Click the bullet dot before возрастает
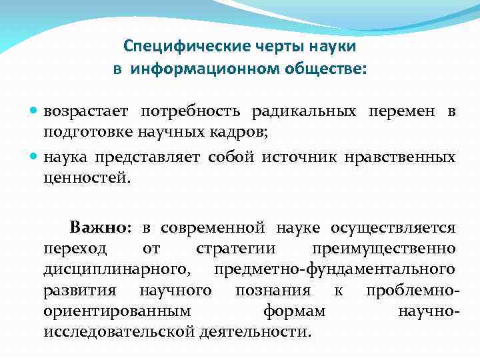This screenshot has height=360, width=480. coord(35,112)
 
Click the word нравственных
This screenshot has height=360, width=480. coord(400,157)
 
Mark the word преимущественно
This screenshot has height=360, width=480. coord(384,249)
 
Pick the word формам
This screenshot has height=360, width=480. coord(295,311)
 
